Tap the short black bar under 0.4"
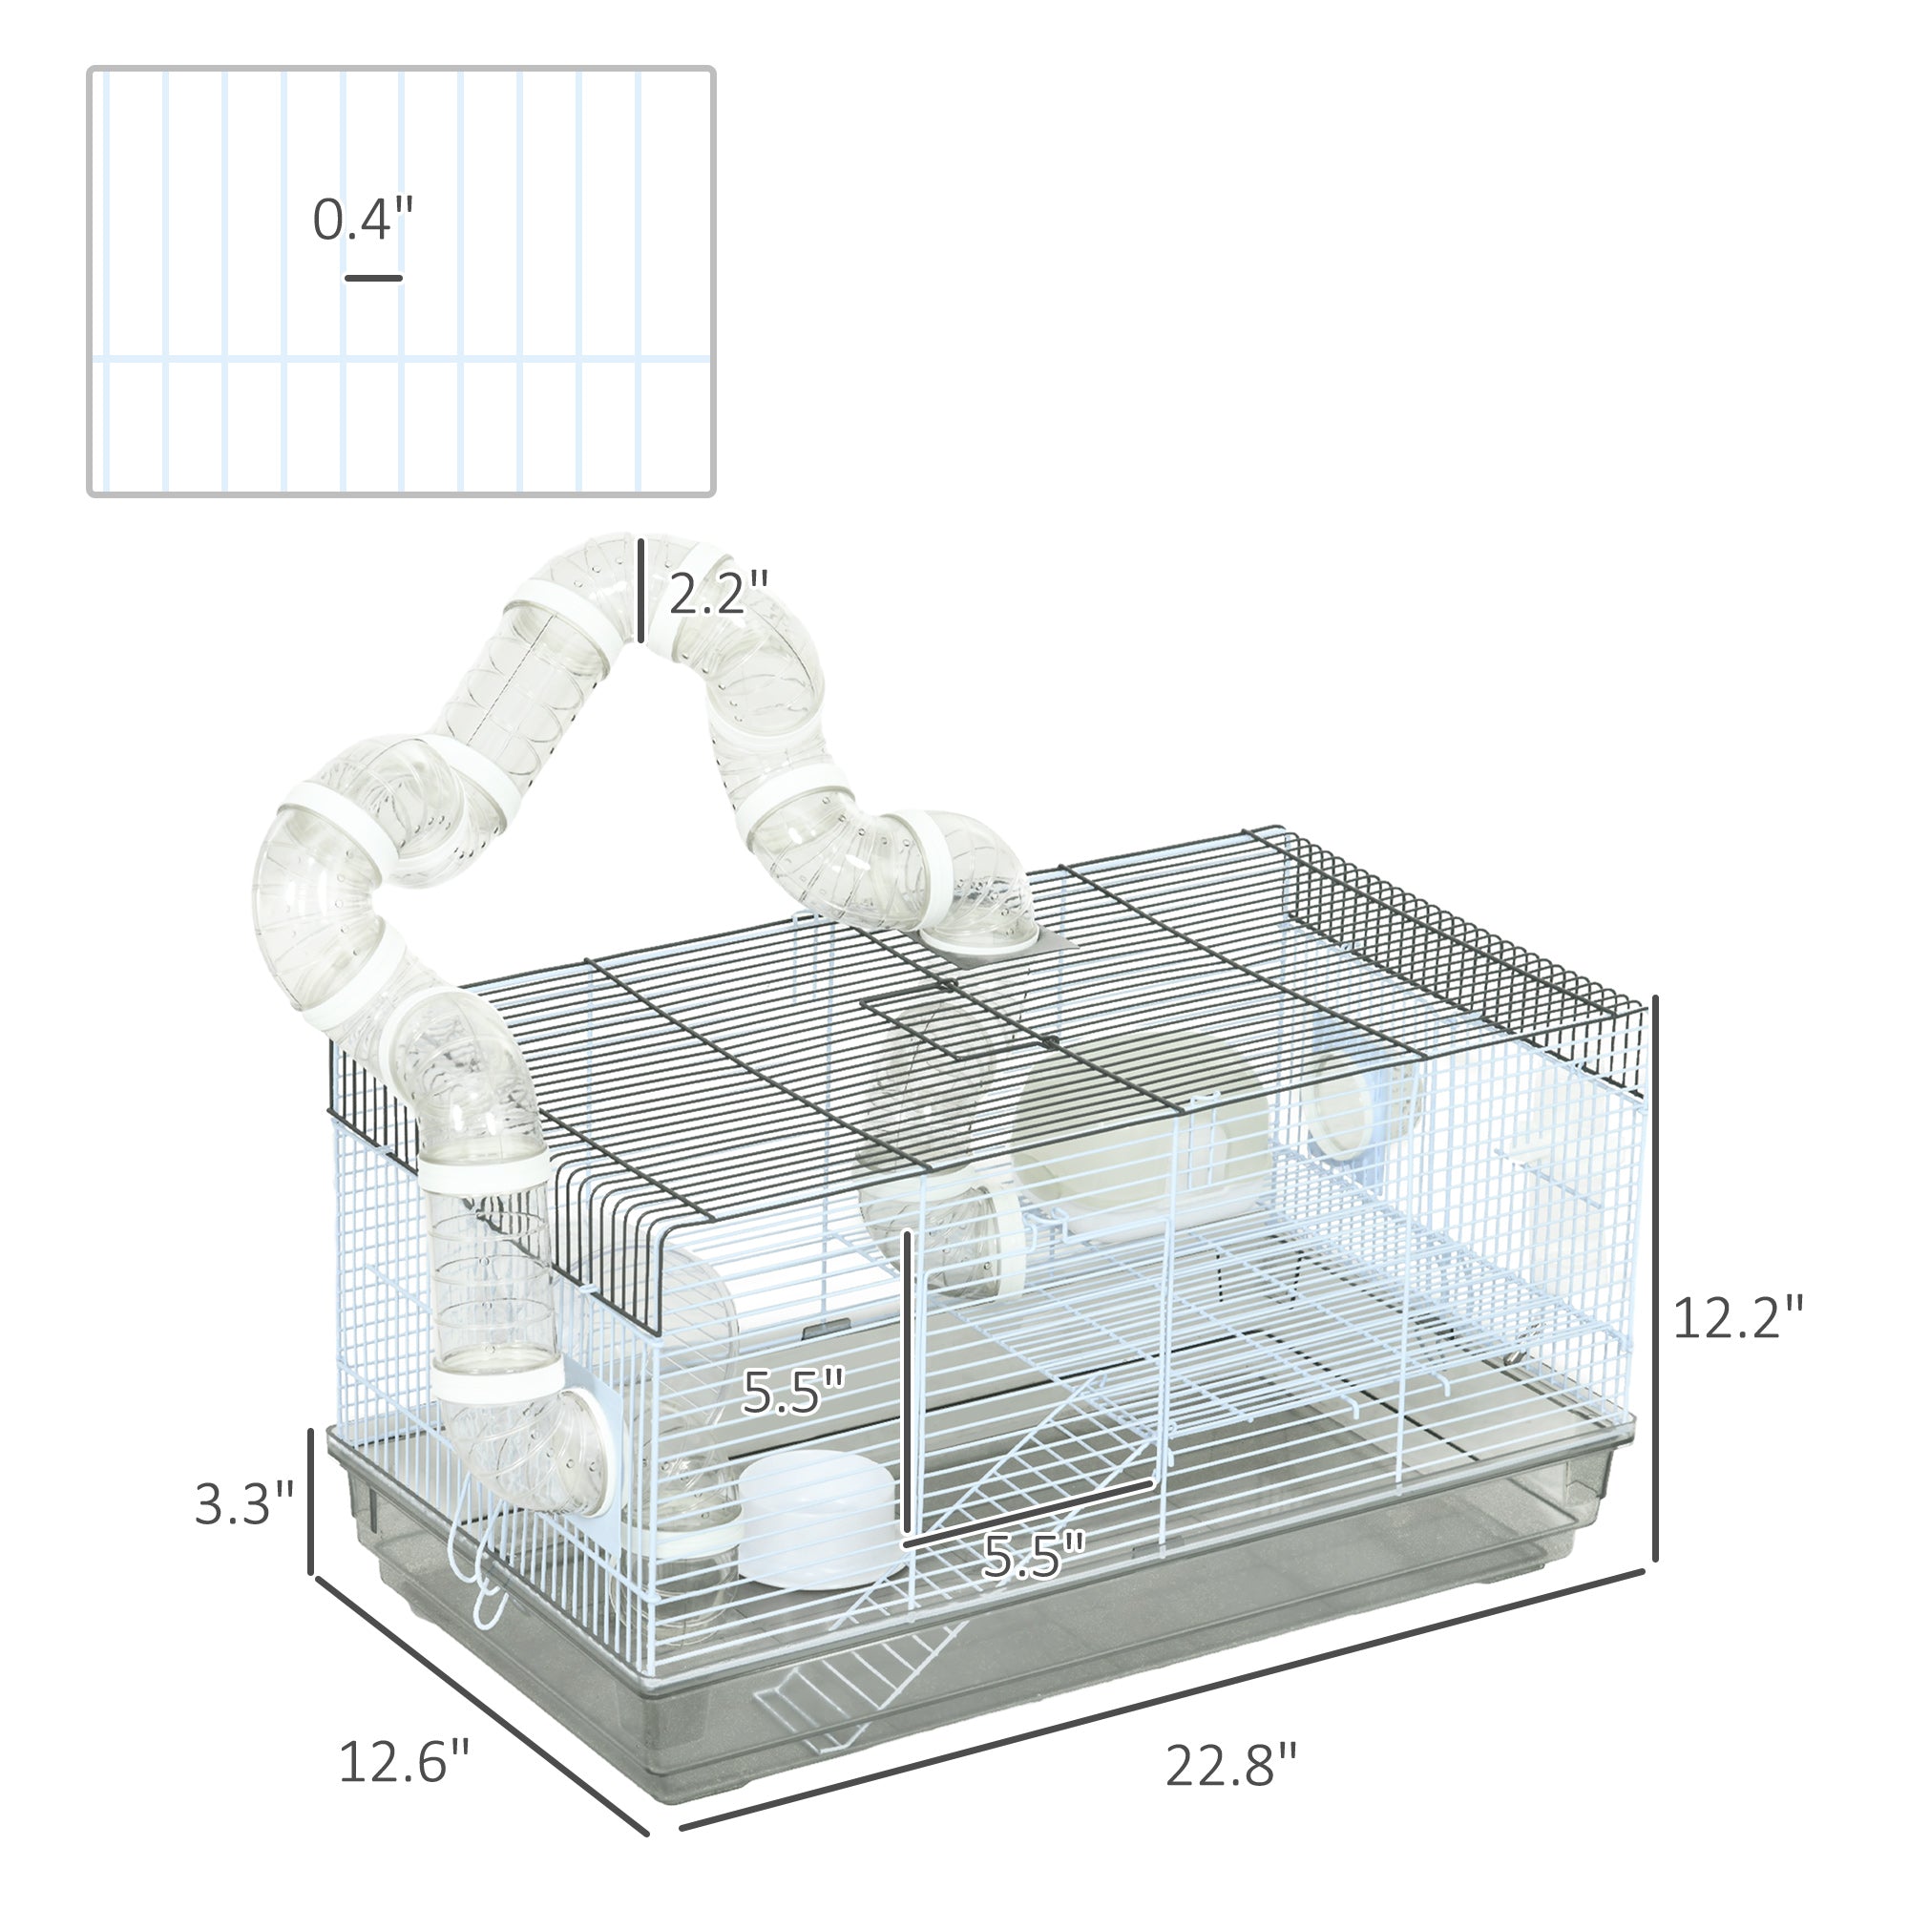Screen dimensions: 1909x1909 pos(373,279)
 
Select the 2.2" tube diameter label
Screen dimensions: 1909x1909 pos(718,593)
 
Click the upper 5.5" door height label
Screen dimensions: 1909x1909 pos(792,1392)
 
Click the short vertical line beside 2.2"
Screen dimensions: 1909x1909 pos(642,590)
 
